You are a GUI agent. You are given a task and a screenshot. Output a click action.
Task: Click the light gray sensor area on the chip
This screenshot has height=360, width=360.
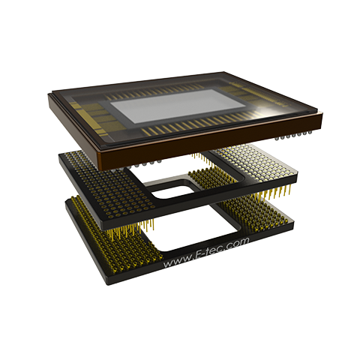(x=177, y=106)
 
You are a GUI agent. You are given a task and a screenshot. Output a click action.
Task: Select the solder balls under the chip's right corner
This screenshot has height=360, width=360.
(x=294, y=135)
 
